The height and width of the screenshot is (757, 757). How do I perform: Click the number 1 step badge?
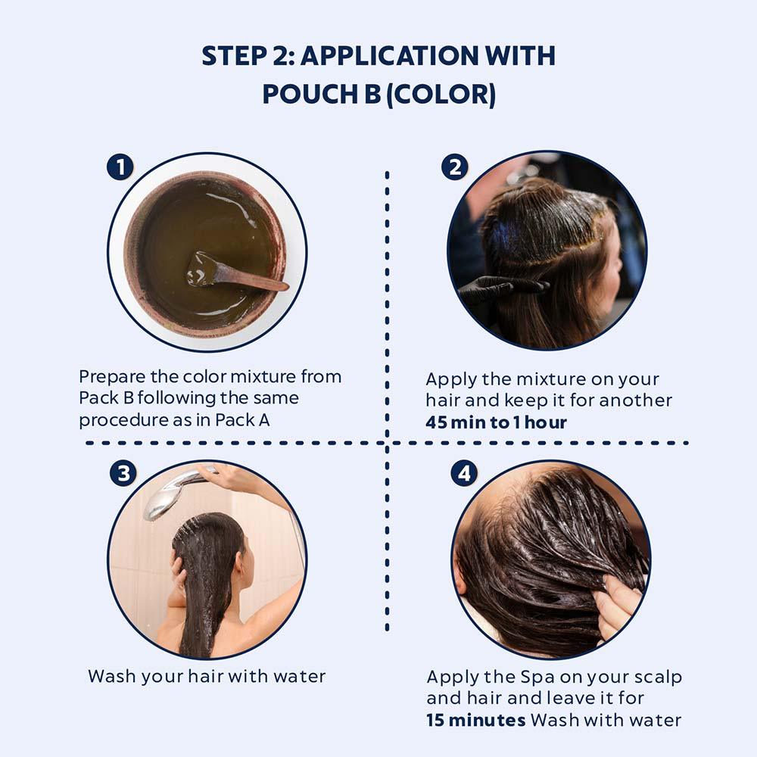[120, 167]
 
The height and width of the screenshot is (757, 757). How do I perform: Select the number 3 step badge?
[123, 473]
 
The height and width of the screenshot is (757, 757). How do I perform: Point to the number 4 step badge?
[464, 473]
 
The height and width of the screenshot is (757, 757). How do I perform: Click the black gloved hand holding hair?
[496, 288]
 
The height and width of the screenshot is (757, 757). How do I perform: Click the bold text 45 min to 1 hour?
[496, 422]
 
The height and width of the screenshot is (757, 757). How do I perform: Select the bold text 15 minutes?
[475, 719]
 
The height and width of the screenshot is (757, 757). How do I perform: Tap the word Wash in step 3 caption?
[113, 676]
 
